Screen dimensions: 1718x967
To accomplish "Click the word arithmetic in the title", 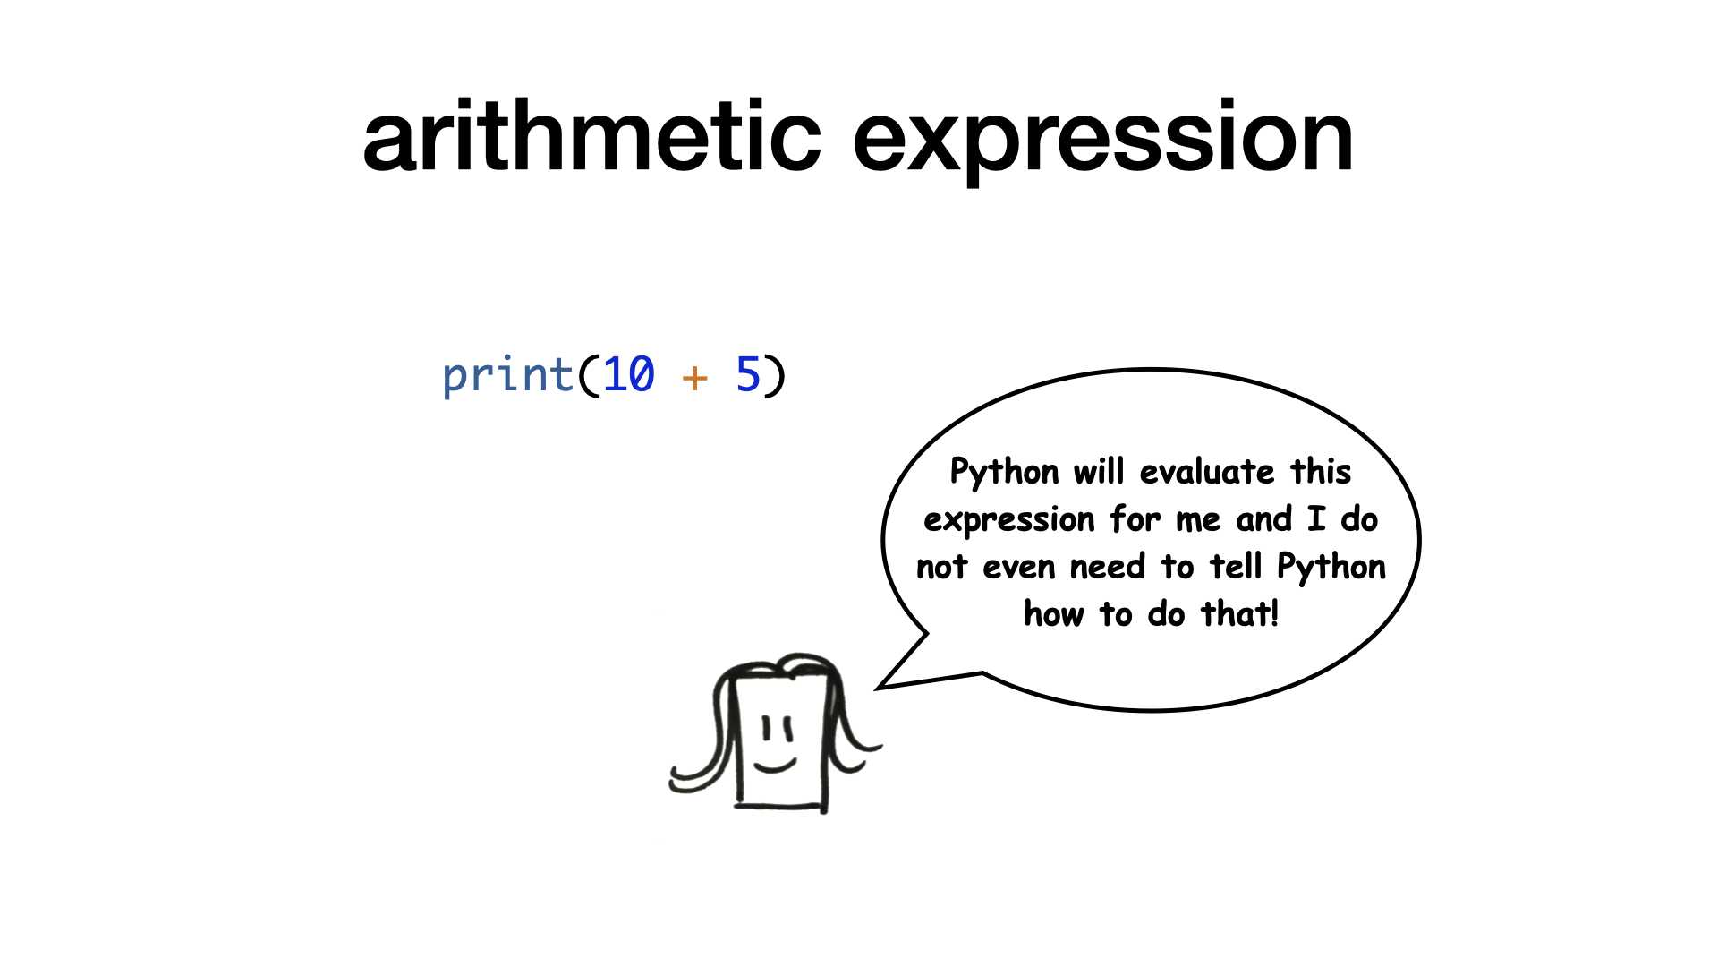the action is click(591, 135).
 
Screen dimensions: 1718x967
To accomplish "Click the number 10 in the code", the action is click(629, 374).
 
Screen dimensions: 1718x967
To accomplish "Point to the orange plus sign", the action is click(694, 377).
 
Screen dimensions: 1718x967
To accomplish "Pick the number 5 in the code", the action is click(748, 374).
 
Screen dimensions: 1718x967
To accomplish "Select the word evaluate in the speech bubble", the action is click(1207, 471).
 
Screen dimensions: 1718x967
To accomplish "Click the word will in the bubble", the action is click(1099, 471).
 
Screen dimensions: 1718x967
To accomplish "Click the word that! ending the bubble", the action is click(1240, 614).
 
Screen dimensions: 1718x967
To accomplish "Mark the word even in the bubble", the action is click(1019, 568).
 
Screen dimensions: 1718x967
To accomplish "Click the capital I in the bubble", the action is click(1316, 519).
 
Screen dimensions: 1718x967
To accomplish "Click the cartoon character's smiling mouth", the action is click(775, 764).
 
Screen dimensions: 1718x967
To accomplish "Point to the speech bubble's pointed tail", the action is click(878, 687).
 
